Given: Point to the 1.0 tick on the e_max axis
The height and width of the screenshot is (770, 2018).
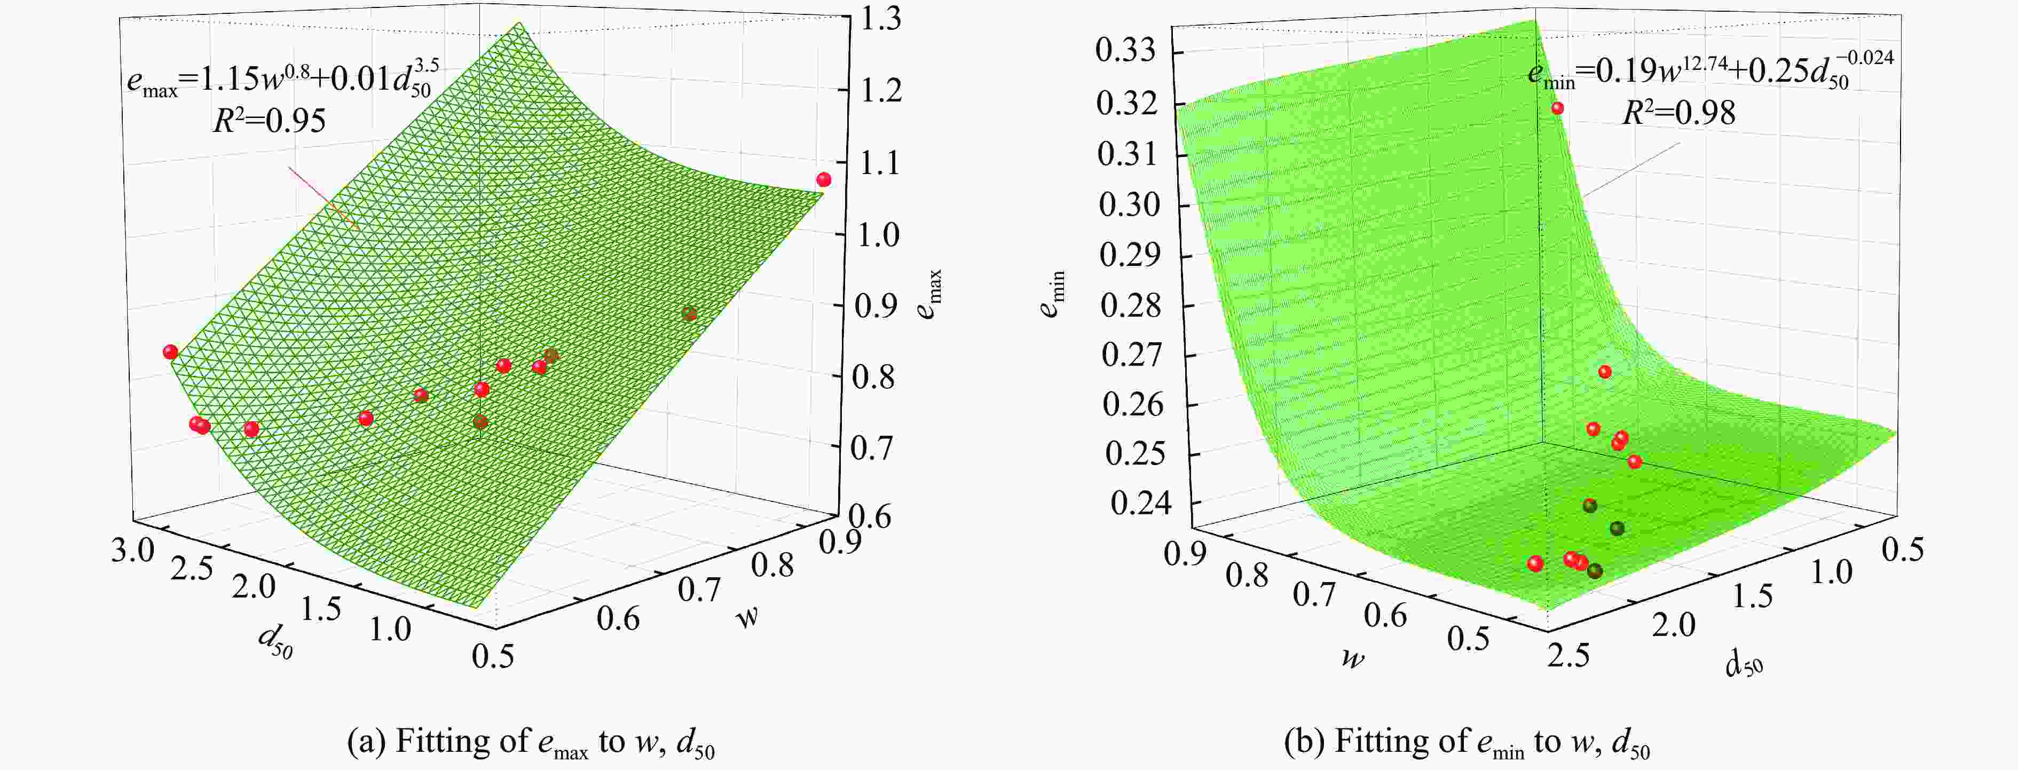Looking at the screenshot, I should coord(878,234).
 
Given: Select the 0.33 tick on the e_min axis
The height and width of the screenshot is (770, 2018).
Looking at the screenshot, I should coord(1126,52).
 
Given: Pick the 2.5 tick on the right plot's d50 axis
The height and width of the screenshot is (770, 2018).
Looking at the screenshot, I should coord(1568,654).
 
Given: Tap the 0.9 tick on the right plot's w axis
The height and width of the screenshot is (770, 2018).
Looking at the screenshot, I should coord(1185,554).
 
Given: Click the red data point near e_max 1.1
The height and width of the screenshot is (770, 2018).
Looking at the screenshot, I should coord(823,180).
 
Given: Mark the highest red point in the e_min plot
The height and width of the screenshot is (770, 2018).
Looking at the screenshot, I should coord(1557,108).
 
